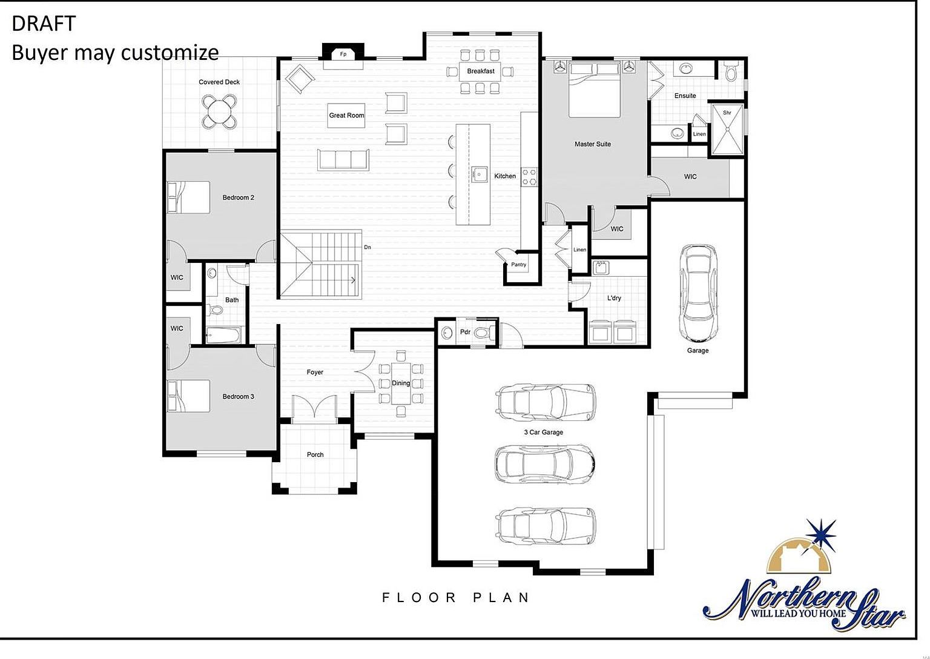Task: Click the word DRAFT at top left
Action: point(44,24)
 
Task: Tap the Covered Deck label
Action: point(219,82)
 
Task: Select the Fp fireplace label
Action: point(343,55)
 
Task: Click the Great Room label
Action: point(346,115)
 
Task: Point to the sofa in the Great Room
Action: point(343,159)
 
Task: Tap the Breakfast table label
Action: point(481,71)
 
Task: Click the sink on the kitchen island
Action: point(480,174)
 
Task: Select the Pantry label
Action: point(518,265)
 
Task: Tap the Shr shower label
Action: point(727,113)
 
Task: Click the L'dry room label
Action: point(614,298)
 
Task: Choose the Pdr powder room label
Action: point(465,332)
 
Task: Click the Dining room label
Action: point(400,383)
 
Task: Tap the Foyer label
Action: point(315,373)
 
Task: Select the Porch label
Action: point(315,454)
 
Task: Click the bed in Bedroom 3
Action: point(188,396)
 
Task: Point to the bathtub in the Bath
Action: point(223,335)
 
